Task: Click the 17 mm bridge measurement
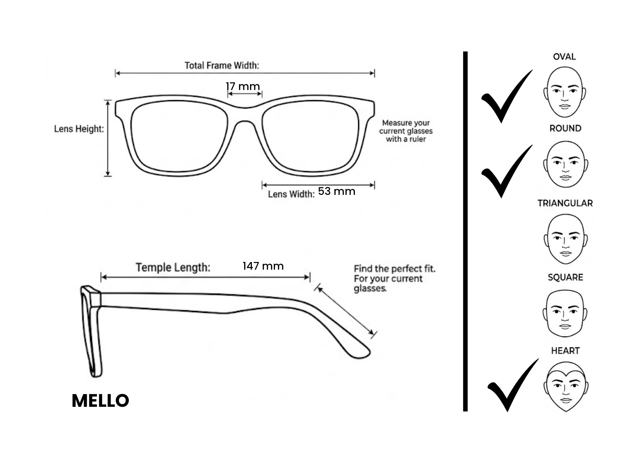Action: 243,86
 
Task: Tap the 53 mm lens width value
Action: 336,191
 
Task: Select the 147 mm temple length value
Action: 263,266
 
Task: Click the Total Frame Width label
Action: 222,65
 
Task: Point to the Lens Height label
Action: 79,129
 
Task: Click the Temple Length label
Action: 173,267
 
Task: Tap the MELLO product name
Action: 100,401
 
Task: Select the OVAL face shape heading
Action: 564,57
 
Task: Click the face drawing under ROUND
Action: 566,164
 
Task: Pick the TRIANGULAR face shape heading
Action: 565,203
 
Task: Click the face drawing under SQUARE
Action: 565,314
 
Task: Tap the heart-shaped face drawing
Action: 566,386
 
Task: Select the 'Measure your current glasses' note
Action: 406,131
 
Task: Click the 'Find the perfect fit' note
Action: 395,279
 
